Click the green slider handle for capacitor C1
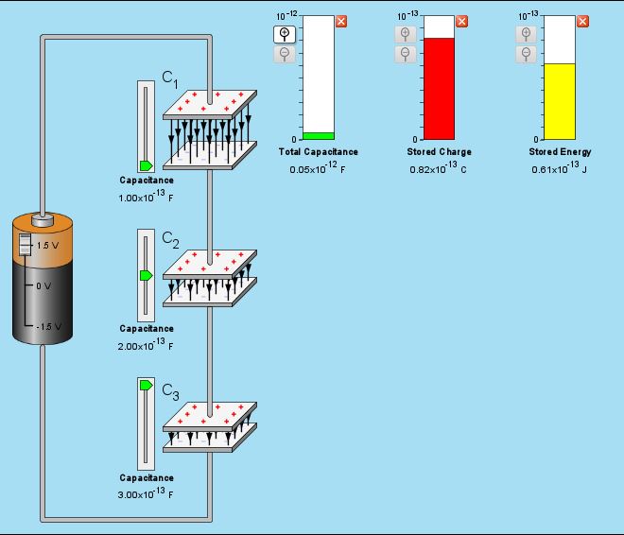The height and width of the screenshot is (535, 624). [146, 165]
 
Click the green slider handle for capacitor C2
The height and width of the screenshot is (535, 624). [146, 275]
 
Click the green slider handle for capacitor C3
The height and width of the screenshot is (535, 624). [146, 386]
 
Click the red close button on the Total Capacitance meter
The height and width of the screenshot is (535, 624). [341, 21]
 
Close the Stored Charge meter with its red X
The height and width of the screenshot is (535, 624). [461, 21]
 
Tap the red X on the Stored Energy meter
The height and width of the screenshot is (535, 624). [581, 21]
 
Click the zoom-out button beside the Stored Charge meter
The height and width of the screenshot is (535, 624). [405, 54]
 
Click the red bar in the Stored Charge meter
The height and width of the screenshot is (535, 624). [439, 88]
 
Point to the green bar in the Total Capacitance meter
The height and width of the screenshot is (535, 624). [319, 135]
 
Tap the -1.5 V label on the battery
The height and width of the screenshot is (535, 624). [47, 326]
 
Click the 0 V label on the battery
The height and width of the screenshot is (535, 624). [43, 285]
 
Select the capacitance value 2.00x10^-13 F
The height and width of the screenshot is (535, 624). [146, 346]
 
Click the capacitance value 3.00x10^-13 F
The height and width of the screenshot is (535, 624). [146, 494]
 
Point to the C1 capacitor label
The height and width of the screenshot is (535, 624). [169, 79]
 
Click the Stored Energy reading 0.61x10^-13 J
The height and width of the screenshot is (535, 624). [559, 168]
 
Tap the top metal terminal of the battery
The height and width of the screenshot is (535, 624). [42, 220]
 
